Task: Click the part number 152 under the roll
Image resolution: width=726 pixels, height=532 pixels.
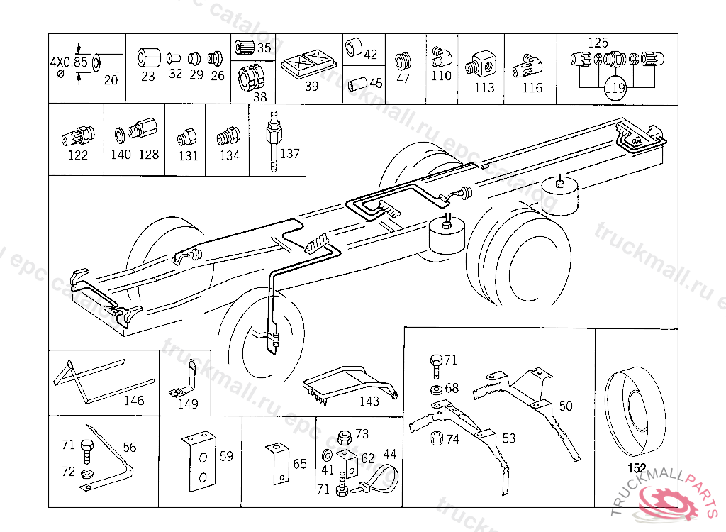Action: pos(637,468)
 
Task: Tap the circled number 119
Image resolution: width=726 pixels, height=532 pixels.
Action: pos(615,89)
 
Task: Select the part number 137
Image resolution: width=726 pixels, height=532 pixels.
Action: pos(291,154)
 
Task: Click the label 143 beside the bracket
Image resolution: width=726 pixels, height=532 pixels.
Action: pos(369,401)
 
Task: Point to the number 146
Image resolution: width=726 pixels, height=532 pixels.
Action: pos(133,401)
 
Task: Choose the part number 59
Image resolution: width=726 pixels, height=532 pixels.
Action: pos(225,457)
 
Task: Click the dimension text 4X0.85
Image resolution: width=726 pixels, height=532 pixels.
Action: pos(69,62)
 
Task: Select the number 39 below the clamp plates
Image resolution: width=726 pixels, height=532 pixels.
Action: pos(311,87)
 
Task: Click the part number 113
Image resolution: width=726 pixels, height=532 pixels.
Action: pos(484,88)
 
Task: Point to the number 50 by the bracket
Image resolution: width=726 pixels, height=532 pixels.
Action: pos(566,406)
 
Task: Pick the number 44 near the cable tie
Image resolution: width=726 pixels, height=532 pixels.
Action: pos(390,454)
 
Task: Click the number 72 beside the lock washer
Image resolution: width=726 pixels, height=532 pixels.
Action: pos(68,471)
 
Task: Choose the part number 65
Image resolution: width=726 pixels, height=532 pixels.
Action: pos(300,464)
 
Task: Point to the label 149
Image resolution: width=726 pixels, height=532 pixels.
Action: pos(188,404)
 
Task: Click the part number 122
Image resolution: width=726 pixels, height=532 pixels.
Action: pos(78,155)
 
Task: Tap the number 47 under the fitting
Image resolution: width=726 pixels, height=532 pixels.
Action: pos(403,79)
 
